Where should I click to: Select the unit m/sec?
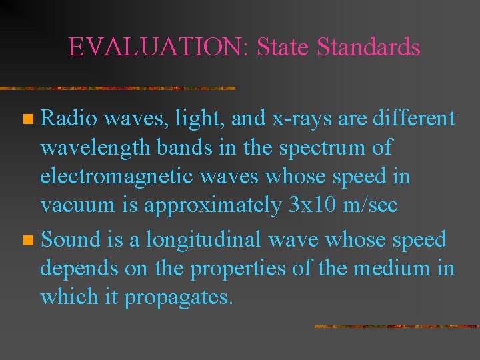tap(371, 206)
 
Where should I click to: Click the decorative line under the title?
tap(118, 88)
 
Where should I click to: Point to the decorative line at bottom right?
tap(396, 327)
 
